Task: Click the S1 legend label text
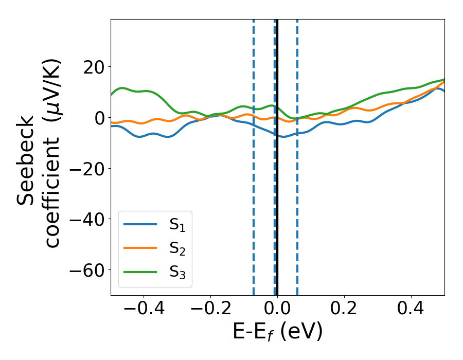pos(177,225)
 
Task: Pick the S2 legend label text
pos(177,248)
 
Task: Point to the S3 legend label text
pos(177,272)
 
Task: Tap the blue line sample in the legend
pos(140,224)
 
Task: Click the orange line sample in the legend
pos(140,248)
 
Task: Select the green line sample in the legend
pos(140,272)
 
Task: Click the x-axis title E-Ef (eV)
pos(277,332)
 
